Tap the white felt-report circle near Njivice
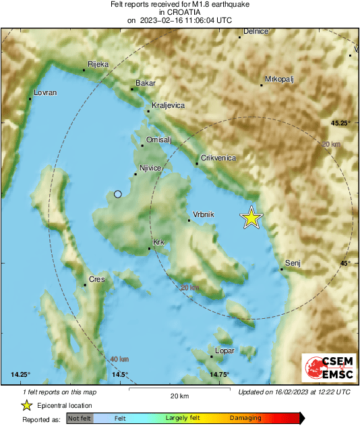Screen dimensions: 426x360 click(x=118, y=194)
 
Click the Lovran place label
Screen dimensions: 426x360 click(x=45, y=92)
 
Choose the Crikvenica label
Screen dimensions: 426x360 click(x=218, y=157)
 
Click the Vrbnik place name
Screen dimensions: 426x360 click(x=203, y=214)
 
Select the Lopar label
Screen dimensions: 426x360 click(x=224, y=351)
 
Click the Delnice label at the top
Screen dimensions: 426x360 click(x=256, y=32)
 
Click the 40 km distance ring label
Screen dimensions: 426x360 click(x=119, y=359)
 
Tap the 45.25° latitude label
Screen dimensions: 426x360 click(x=340, y=123)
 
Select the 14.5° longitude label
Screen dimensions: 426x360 click(x=119, y=375)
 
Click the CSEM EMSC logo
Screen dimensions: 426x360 click(x=326, y=368)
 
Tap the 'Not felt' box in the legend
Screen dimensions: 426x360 click(x=79, y=418)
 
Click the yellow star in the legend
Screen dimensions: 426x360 click(x=26, y=405)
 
